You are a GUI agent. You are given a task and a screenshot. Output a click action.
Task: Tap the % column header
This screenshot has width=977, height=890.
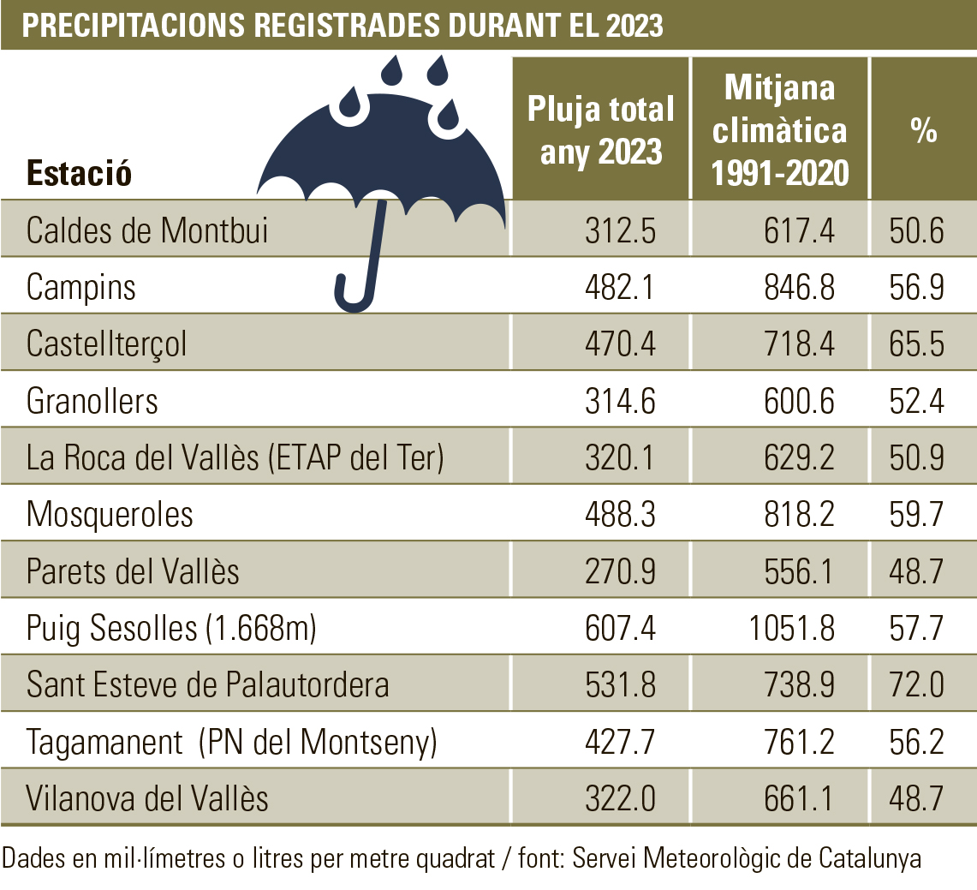[923, 131]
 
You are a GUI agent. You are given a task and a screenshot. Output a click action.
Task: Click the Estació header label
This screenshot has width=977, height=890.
[79, 173]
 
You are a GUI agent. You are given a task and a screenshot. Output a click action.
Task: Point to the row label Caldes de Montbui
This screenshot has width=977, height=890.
[147, 230]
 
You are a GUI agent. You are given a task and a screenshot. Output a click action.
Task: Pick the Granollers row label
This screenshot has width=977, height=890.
[92, 401]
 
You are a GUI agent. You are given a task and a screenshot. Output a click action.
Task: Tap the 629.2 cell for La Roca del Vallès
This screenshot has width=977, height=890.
[798, 457]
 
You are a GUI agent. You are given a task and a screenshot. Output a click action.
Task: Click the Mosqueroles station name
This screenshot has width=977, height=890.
[110, 515]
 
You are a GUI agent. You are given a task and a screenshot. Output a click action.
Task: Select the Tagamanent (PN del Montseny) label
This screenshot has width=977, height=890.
[232, 742]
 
